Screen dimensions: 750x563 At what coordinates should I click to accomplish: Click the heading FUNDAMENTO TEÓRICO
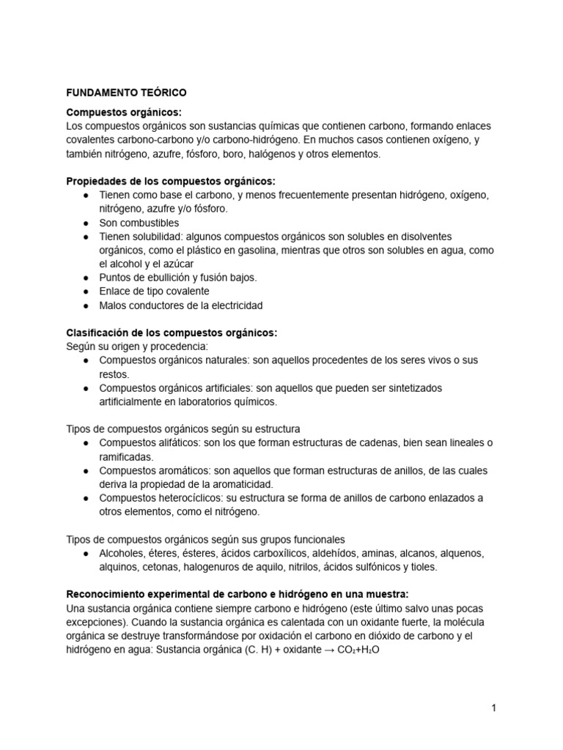click(x=126, y=93)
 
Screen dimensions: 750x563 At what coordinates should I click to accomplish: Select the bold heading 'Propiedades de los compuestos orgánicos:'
click(x=170, y=181)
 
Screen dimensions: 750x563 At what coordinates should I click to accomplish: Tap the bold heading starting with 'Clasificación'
click(x=172, y=333)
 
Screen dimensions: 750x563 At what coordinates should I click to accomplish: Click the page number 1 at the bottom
click(x=494, y=708)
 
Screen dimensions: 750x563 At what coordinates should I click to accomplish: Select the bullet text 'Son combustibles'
click(x=139, y=223)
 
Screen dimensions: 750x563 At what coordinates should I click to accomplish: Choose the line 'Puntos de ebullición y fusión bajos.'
click(x=178, y=278)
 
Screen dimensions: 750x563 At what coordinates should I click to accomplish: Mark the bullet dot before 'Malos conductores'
click(x=87, y=305)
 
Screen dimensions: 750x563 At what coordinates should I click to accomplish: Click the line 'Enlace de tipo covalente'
click(x=154, y=292)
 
